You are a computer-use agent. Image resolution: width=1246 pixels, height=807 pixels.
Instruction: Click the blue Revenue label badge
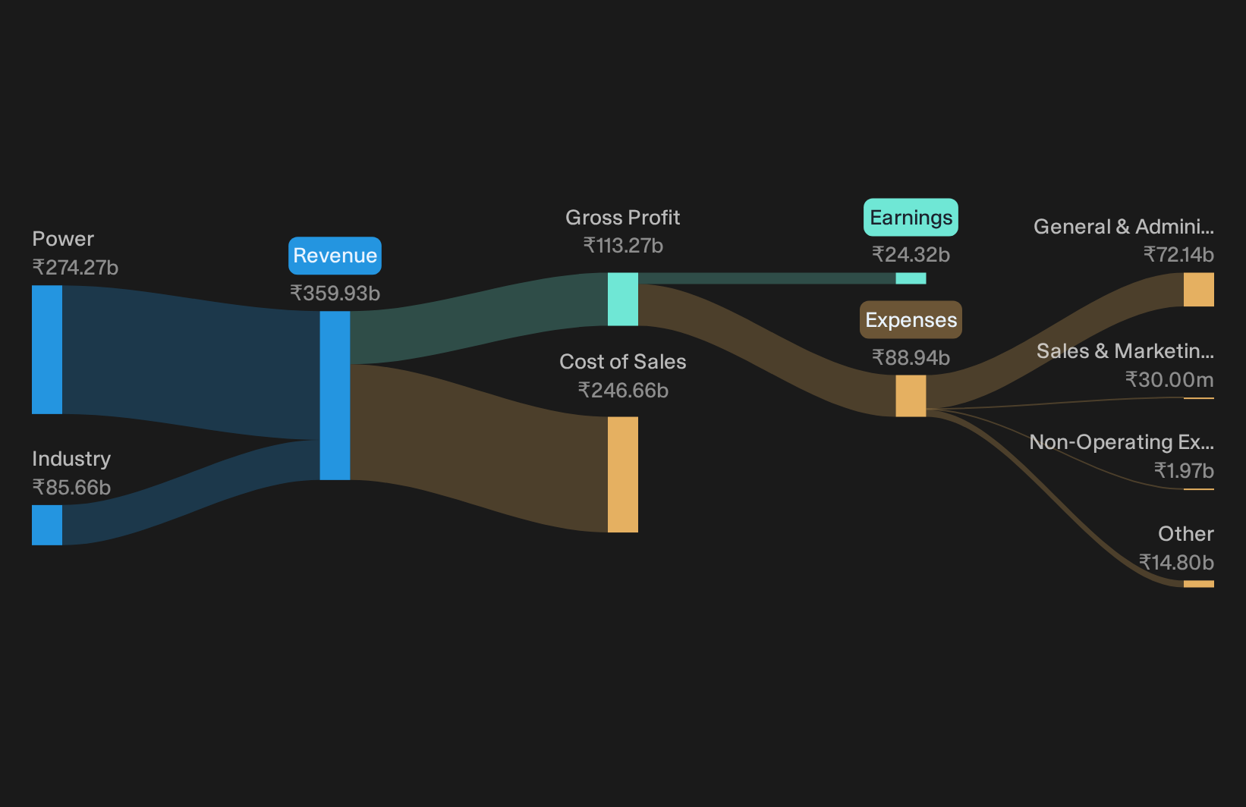[x=335, y=256]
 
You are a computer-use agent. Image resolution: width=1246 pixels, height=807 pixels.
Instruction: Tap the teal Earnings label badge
[x=911, y=218]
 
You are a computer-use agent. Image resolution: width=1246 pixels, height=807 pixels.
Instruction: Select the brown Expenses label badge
[x=911, y=320]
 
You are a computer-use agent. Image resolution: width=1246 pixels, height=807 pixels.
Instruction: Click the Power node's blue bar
[x=47, y=350]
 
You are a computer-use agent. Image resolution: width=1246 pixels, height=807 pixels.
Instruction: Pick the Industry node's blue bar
[x=47, y=525]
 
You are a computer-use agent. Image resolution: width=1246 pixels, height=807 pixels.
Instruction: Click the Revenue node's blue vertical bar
[x=335, y=395]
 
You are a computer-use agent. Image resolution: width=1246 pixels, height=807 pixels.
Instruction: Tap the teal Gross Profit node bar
[x=623, y=300]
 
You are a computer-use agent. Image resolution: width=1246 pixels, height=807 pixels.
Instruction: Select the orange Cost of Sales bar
[x=623, y=474]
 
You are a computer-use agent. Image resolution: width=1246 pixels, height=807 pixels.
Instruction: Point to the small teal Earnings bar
[x=911, y=278]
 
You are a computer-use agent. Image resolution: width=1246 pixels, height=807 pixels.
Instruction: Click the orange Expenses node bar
[x=911, y=395]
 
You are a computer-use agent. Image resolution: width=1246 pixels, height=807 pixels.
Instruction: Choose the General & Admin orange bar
[x=1199, y=289]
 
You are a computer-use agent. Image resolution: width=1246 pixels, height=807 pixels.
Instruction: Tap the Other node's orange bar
[x=1199, y=584]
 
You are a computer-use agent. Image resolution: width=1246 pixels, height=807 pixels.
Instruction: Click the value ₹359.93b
[x=335, y=293]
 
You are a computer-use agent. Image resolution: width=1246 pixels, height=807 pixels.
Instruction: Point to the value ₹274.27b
[x=75, y=268]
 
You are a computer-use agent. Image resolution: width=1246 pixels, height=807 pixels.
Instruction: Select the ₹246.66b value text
[x=623, y=391]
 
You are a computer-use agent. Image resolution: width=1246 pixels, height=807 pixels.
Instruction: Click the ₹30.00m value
[x=1169, y=380]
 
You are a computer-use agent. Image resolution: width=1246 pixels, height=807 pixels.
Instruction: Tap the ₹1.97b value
[x=1184, y=471]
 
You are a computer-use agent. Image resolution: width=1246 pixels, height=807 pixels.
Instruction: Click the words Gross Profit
[x=623, y=218]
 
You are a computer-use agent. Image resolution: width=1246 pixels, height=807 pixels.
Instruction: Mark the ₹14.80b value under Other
[x=1176, y=562]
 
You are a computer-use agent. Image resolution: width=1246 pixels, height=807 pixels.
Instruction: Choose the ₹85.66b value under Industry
[x=71, y=487]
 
